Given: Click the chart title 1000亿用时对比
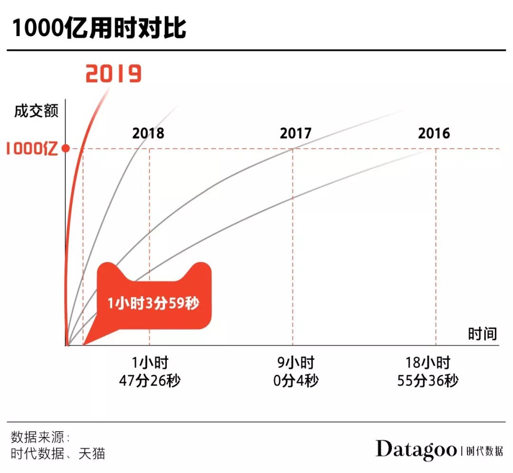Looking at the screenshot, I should click(x=99, y=28).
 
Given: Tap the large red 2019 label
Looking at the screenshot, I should click(x=114, y=74).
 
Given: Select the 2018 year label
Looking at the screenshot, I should click(x=148, y=133).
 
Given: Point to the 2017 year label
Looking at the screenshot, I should click(x=295, y=133).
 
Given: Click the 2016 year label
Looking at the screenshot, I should click(x=434, y=133).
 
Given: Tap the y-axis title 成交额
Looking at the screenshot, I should click(x=37, y=112).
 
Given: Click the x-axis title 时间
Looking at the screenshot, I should click(x=482, y=334).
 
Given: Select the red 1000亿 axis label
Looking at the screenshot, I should click(x=31, y=149).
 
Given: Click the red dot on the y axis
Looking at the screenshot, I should click(x=66, y=149).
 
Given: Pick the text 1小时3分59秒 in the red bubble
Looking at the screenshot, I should click(x=153, y=303).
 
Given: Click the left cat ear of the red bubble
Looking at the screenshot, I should click(x=111, y=270).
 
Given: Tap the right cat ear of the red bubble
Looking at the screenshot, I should click(x=199, y=270).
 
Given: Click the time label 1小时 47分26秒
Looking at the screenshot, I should click(x=150, y=372).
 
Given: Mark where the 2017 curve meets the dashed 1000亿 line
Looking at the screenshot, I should click(x=293, y=149).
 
